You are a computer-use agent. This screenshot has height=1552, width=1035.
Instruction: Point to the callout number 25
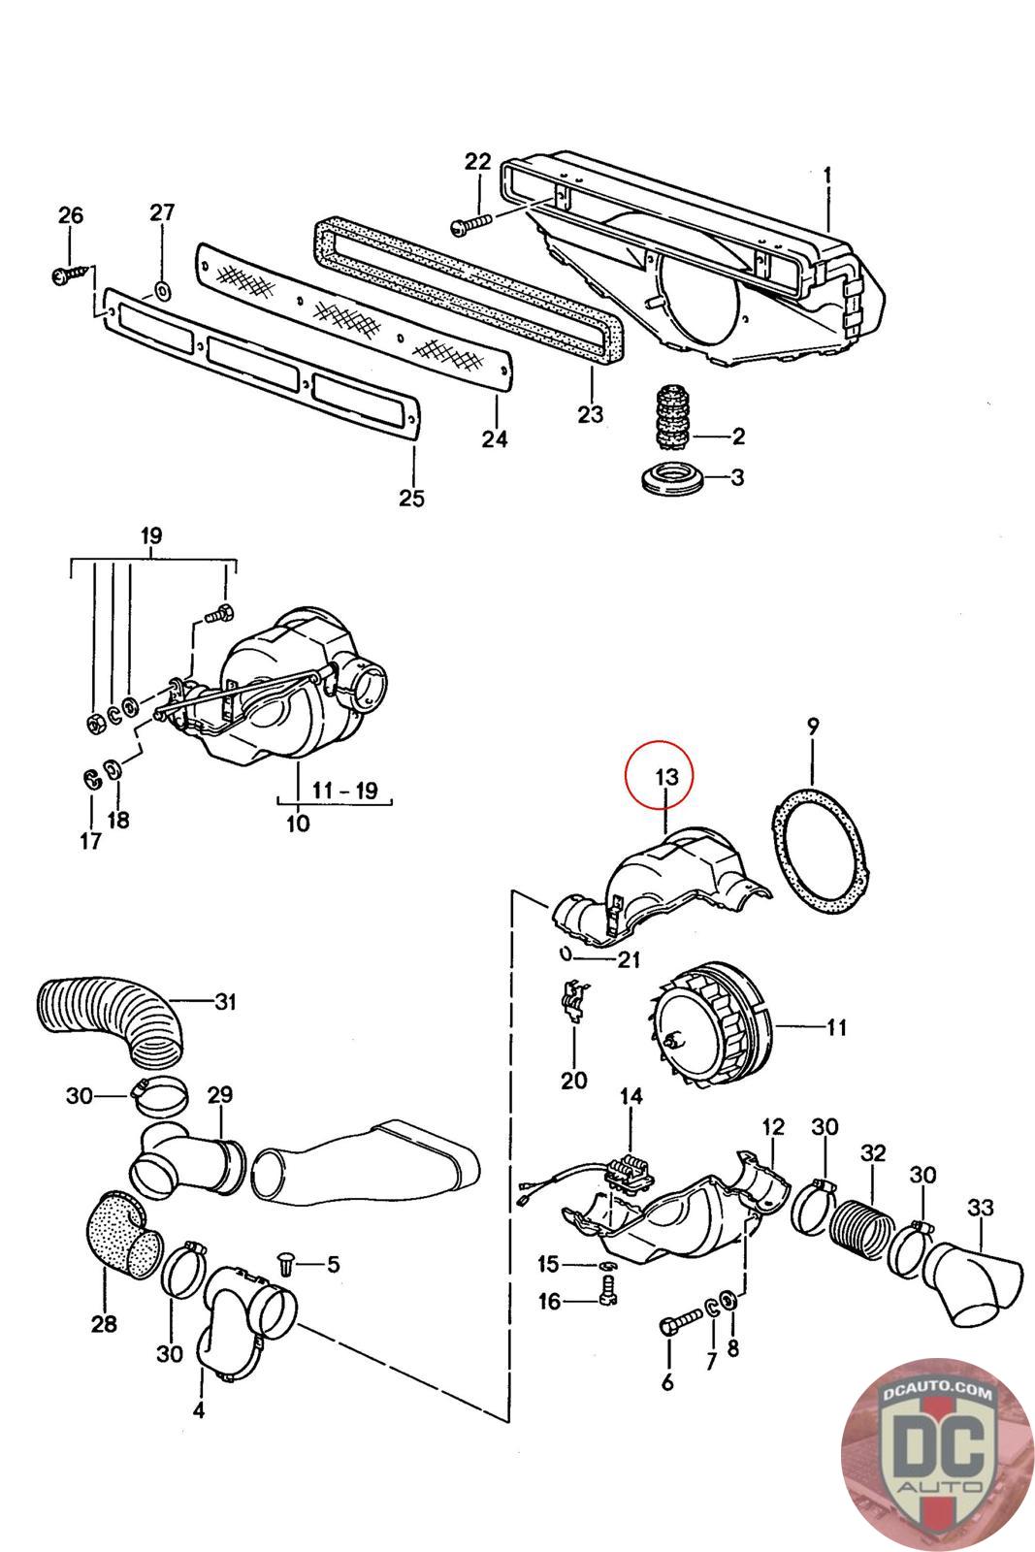[x=412, y=498]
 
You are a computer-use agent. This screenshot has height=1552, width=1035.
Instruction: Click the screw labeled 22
[x=471, y=224]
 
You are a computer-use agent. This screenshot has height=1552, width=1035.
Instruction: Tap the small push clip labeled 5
[x=287, y=1263]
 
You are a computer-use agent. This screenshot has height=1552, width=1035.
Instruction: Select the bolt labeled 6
[x=682, y=1319]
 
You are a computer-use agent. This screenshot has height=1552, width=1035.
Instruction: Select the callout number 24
[x=494, y=439]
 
